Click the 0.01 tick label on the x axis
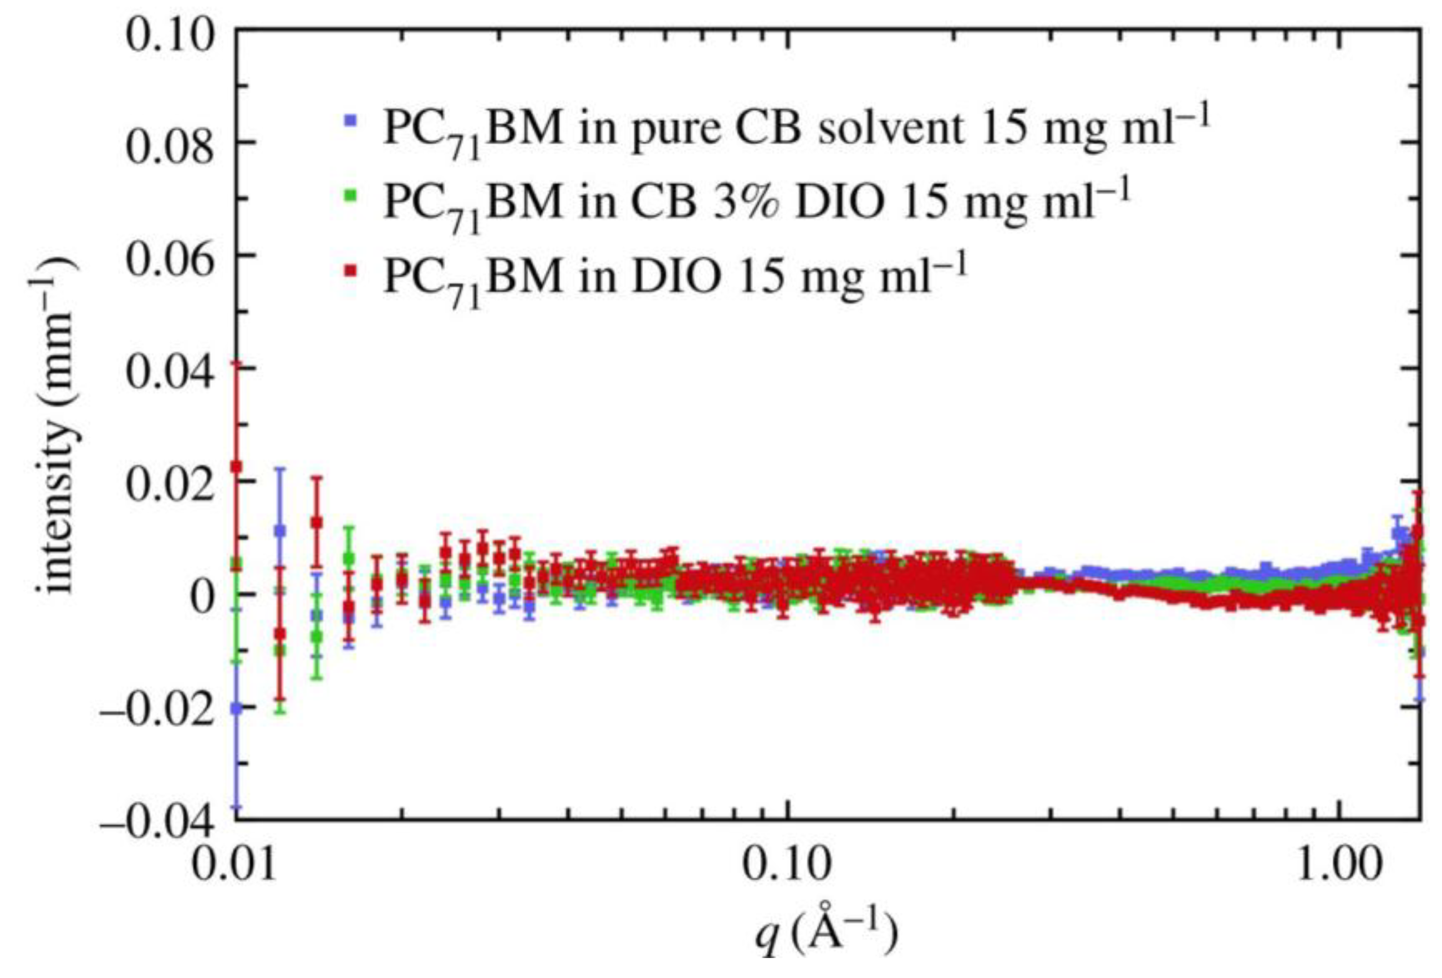234,865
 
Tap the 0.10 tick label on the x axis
786,865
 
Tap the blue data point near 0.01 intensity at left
280,530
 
